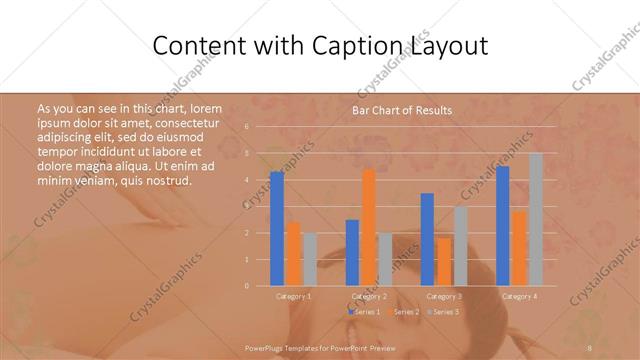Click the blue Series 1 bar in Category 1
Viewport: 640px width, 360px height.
[277, 229]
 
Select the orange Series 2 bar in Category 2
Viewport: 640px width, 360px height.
[369, 227]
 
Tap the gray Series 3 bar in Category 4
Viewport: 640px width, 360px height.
[535, 219]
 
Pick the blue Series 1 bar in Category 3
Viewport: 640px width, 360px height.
[427, 239]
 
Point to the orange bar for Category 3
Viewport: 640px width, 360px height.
[444, 261]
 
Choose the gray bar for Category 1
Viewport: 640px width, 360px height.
[309, 259]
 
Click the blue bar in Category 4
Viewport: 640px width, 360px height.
[503, 226]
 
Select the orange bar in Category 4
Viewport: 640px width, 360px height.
[519, 248]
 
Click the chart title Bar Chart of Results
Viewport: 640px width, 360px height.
[402, 110]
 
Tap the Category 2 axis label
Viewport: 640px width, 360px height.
[370, 297]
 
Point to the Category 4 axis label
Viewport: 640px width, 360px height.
[518, 297]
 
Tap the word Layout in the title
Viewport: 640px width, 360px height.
[447, 47]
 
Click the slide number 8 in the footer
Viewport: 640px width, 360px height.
[591, 347]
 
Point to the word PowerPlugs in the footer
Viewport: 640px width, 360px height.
[266, 347]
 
